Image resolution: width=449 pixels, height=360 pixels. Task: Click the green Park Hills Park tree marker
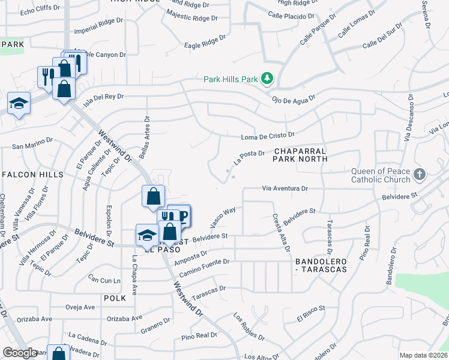(267, 79)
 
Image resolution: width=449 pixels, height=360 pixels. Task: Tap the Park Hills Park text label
(231, 79)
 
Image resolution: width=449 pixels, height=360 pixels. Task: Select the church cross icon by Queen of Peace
(419, 175)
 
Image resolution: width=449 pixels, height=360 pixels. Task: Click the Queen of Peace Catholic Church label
(381, 175)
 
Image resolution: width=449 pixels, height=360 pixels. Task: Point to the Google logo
(20, 353)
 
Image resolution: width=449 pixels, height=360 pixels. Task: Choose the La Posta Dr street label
(249, 157)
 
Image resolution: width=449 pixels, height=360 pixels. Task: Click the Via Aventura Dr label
(285, 188)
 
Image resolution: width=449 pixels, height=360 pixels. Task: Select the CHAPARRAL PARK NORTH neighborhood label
(300, 155)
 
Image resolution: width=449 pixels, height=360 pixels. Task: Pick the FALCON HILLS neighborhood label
(32, 175)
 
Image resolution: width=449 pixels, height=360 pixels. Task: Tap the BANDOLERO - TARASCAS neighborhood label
(321, 266)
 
